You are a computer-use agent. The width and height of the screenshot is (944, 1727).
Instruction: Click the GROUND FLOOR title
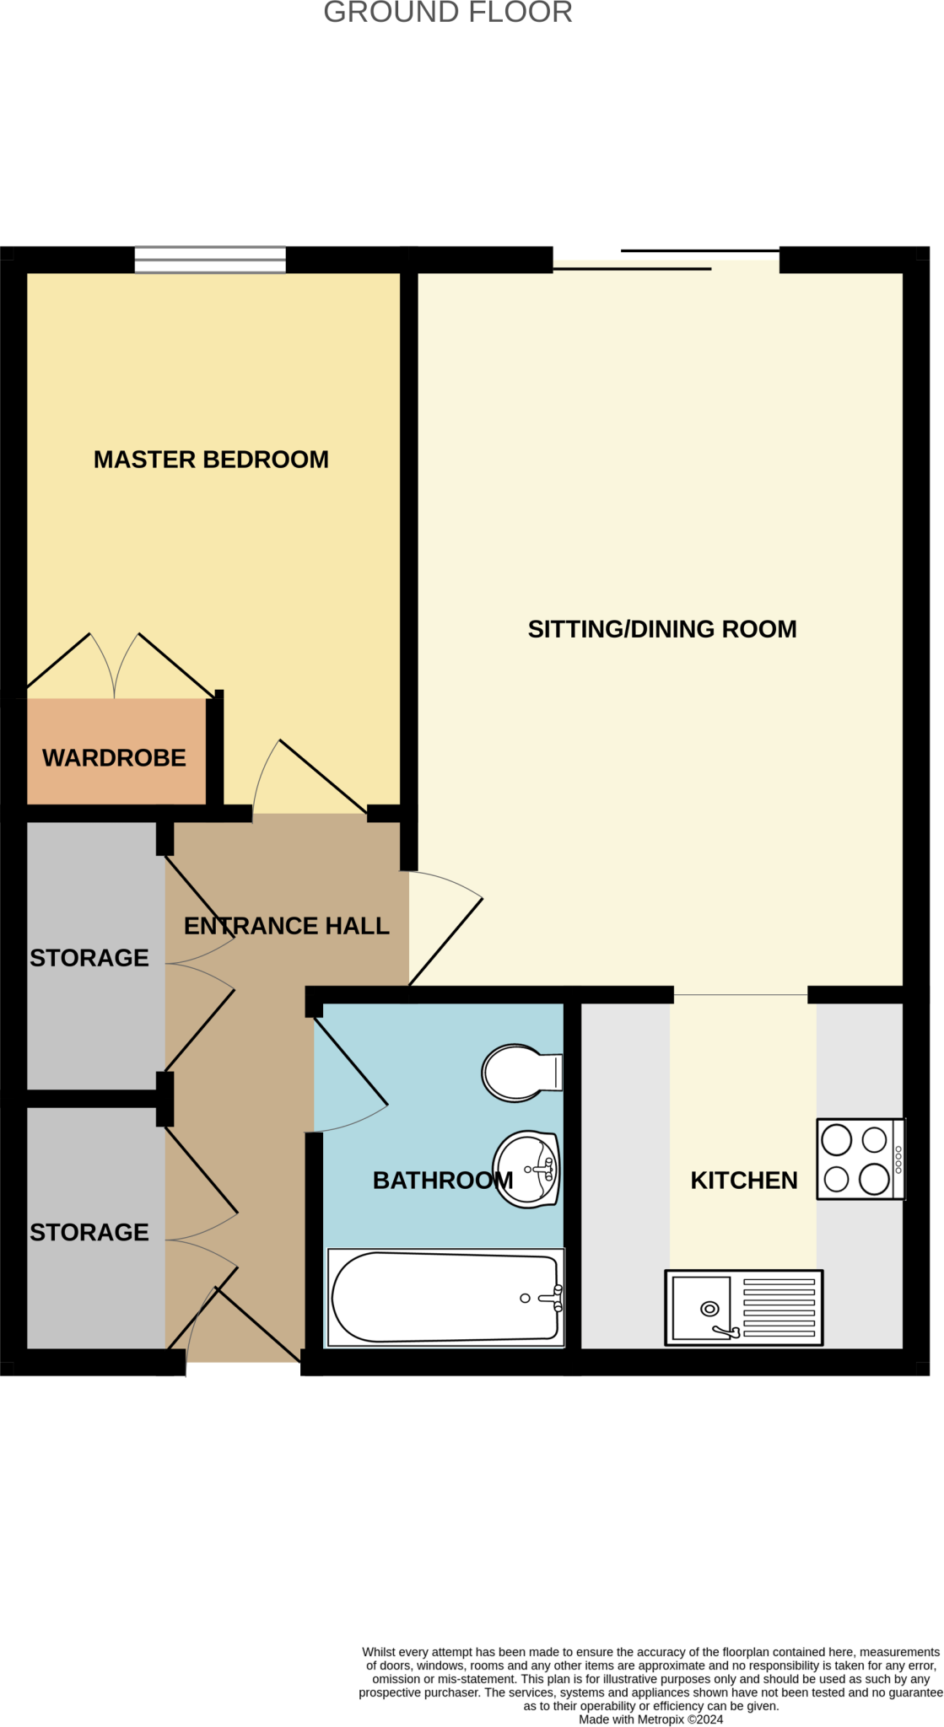pyautogui.click(x=448, y=13)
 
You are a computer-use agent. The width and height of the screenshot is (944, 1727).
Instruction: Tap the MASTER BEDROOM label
pyautogui.click(x=211, y=460)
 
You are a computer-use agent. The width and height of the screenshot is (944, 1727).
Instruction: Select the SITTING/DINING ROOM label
pyautogui.click(x=662, y=629)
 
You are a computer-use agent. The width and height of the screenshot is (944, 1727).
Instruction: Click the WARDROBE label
pyautogui.click(x=114, y=758)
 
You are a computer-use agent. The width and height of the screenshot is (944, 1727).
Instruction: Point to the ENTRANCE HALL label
pyautogui.click(x=287, y=926)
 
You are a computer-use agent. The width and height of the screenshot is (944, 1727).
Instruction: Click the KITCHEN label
pyautogui.click(x=744, y=1181)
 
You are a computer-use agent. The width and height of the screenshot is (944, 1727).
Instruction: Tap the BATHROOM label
pyautogui.click(x=443, y=1181)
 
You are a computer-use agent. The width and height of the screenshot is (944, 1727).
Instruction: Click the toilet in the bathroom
pyautogui.click(x=519, y=1073)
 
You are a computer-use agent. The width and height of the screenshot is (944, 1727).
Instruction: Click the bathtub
pyautogui.click(x=445, y=1297)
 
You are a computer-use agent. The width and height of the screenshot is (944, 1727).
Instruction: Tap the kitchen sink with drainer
pyautogui.click(x=743, y=1308)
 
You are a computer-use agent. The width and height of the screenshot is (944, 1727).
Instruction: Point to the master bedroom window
pyautogui.click(x=210, y=260)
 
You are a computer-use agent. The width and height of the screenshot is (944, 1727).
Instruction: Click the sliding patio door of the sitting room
pyautogui.click(x=666, y=260)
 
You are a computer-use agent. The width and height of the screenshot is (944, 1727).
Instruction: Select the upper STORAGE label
pyautogui.click(x=89, y=958)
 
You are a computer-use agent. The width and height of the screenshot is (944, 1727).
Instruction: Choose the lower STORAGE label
pyautogui.click(x=89, y=1232)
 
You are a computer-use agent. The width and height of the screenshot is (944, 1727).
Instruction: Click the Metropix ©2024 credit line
pyautogui.click(x=650, y=1719)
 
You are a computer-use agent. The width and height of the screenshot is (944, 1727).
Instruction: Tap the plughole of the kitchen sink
pyautogui.click(x=710, y=1309)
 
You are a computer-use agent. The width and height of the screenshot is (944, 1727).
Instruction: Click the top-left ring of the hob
pyautogui.click(x=837, y=1140)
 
